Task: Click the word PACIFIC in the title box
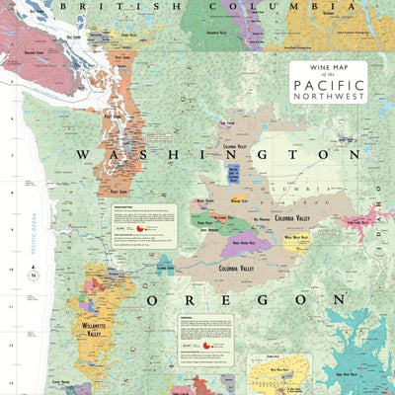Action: (328, 85)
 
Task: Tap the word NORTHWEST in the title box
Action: (328, 97)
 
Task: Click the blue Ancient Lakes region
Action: (233, 174)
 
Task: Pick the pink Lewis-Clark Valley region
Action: (363, 219)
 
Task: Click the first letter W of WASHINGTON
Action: (84, 154)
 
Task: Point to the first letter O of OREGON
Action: (154, 297)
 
